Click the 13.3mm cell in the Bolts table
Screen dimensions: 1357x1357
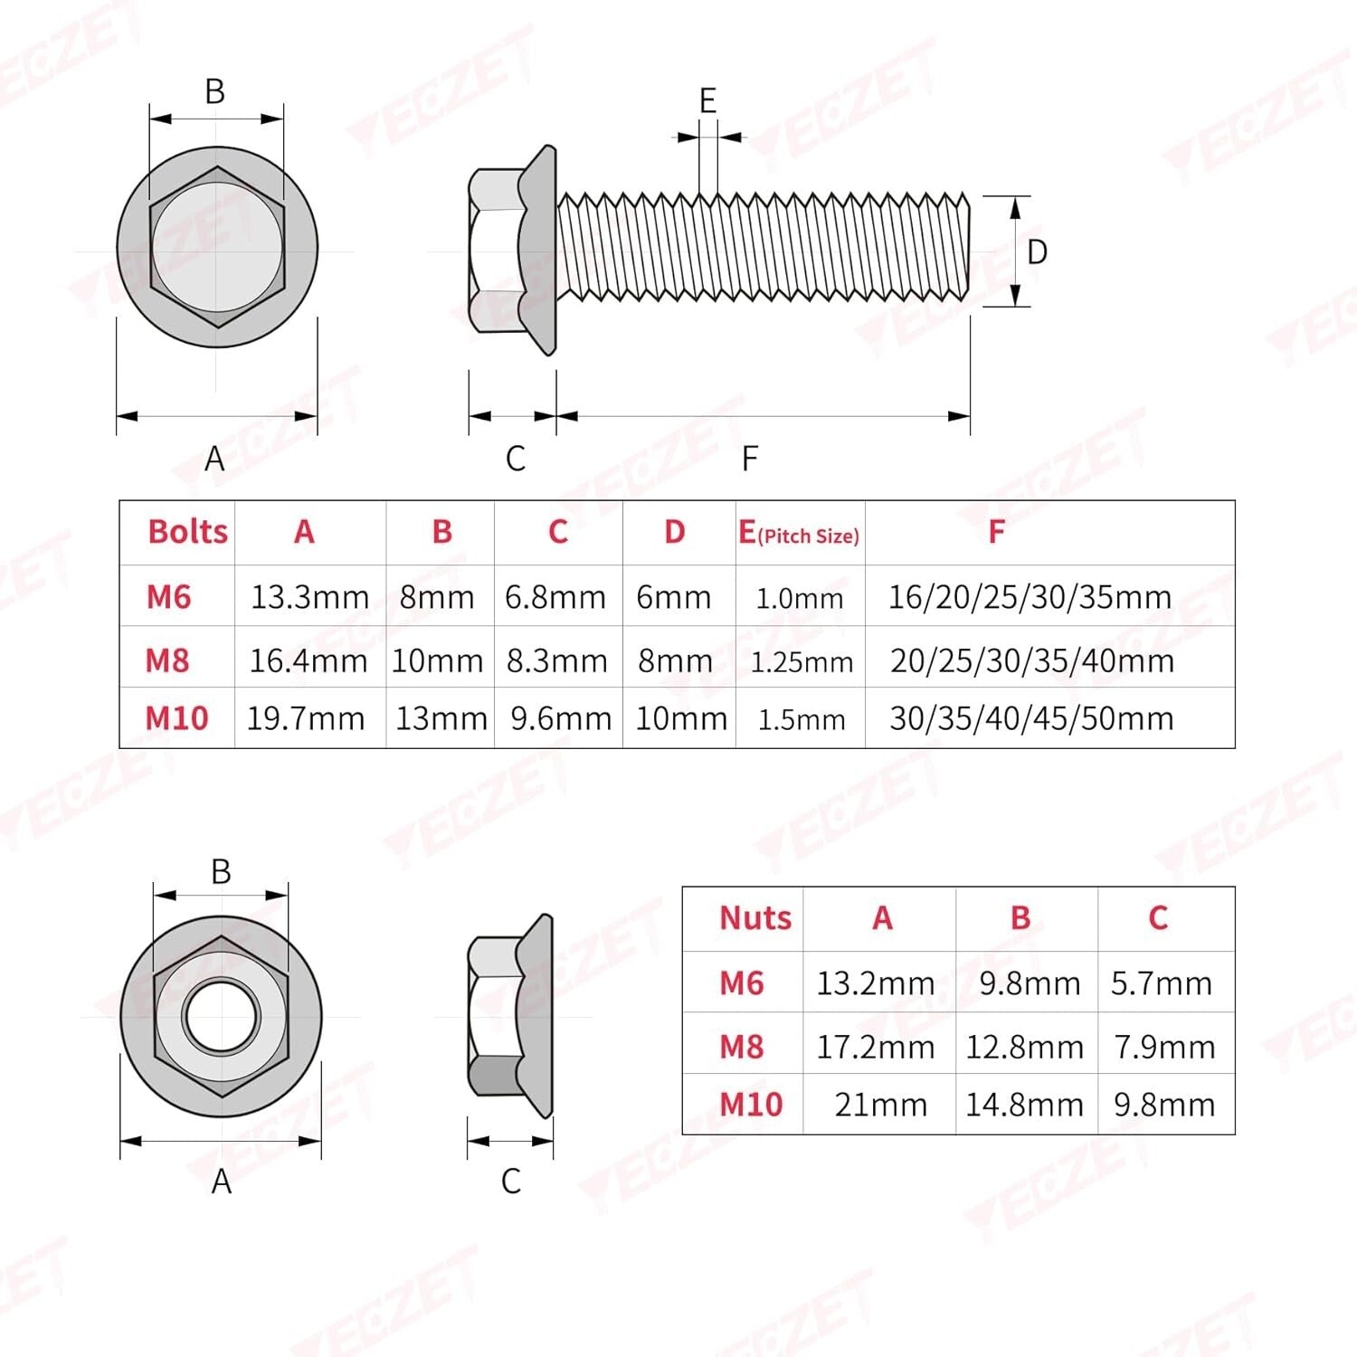coord(309,597)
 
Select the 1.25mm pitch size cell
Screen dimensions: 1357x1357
coord(802,662)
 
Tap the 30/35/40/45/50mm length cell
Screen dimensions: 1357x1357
coord(1031,718)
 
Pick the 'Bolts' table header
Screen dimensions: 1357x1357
coord(187,532)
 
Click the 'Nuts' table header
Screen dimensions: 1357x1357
coord(754,918)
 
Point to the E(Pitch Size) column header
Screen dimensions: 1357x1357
coord(799,534)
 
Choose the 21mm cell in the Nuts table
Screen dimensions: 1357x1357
coord(880,1105)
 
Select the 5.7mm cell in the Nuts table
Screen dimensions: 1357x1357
coord(1162,983)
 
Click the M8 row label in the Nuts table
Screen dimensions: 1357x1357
coord(741,1047)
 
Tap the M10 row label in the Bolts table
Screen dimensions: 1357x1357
coord(177,718)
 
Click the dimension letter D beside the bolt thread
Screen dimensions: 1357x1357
coord(1037,252)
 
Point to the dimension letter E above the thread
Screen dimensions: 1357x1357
coord(707,100)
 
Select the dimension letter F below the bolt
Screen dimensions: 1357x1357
coord(749,459)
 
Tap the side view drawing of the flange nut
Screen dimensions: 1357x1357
coord(510,1016)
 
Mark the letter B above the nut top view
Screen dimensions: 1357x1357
coord(221,871)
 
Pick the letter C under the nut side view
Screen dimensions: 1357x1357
coord(510,1181)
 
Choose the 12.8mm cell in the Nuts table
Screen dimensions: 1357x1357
coord(1024,1048)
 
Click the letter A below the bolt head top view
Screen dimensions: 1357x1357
coord(214,459)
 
